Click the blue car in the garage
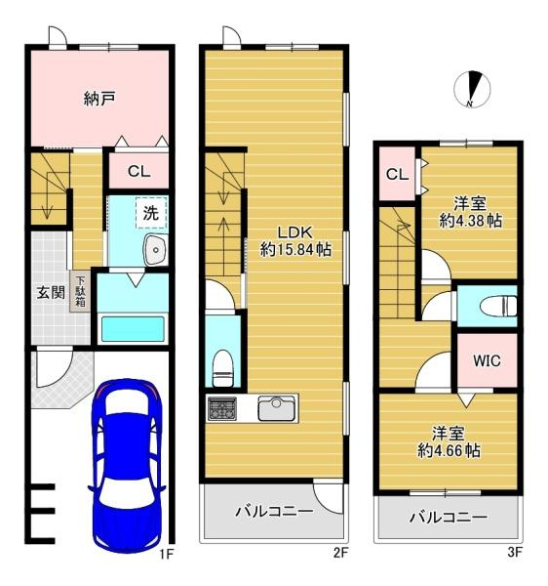click(x=127, y=465)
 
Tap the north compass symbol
click(x=472, y=89)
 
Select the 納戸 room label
click(x=99, y=99)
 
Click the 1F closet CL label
click(x=138, y=172)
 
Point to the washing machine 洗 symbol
click(x=151, y=213)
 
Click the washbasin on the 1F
click(x=156, y=250)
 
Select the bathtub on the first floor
click(x=133, y=329)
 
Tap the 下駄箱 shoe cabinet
click(x=80, y=291)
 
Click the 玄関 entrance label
click(x=51, y=293)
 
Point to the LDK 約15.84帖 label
click(x=295, y=241)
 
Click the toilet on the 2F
click(x=222, y=368)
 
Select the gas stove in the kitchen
click(x=222, y=408)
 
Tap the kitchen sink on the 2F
click(x=276, y=408)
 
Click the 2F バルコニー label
click(x=274, y=511)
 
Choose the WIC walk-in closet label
click(x=487, y=360)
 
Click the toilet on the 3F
click(x=498, y=307)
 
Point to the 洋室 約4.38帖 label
click(x=470, y=213)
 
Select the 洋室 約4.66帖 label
click(x=449, y=442)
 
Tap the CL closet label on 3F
click(x=397, y=174)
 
